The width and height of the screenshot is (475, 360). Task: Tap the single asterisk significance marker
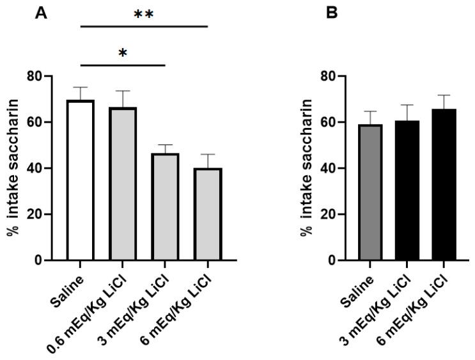(123, 52)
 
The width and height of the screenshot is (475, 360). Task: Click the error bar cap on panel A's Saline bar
(81, 87)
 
